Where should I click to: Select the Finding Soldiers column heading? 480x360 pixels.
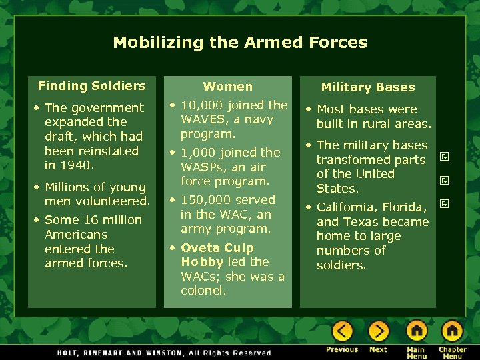click(x=91, y=85)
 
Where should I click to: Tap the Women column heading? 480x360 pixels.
click(x=228, y=86)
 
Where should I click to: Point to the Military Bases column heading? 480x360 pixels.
click(x=368, y=87)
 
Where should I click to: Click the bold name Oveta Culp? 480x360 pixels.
click(x=217, y=248)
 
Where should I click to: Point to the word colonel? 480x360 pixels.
click(x=203, y=291)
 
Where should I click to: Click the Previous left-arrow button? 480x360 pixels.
click(x=342, y=331)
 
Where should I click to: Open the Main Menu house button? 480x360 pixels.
click(x=416, y=331)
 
